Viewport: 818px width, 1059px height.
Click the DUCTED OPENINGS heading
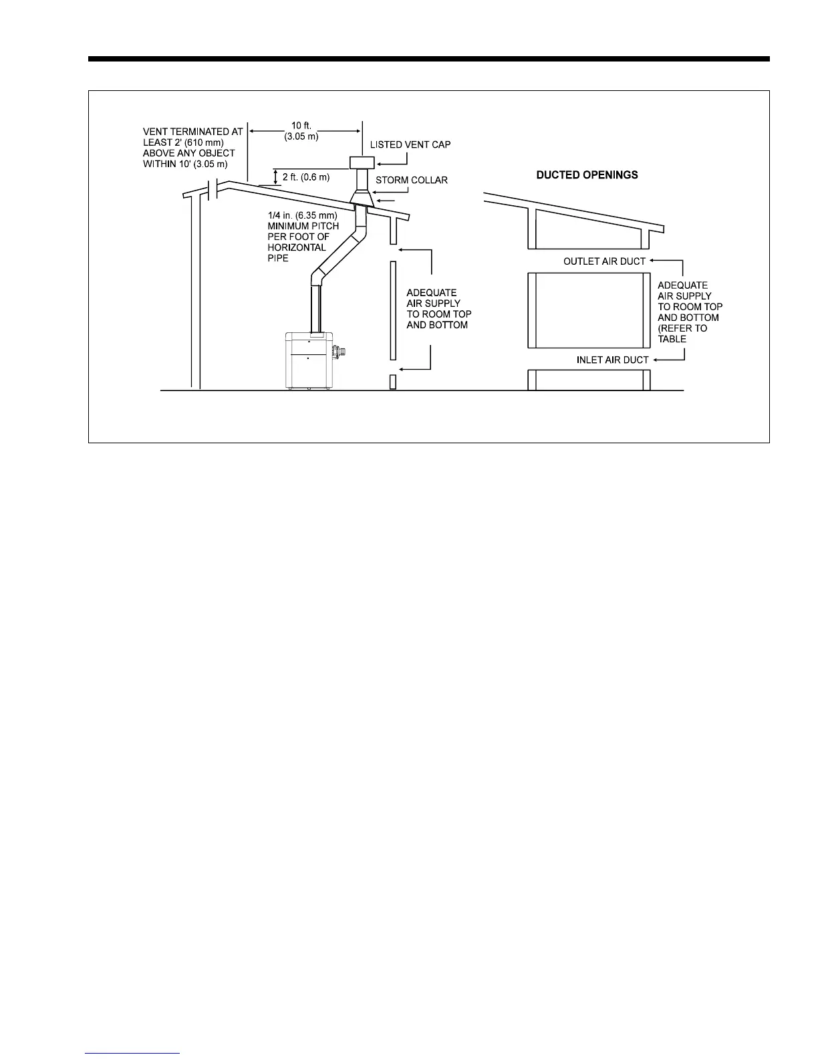click(587, 175)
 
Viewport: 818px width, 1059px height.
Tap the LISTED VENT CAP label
click(410, 145)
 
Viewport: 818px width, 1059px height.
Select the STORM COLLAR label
click(412, 181)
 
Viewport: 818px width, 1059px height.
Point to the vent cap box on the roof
click(362, 162)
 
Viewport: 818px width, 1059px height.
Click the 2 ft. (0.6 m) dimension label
click(306, 177)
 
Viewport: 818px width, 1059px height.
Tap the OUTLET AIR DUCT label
click(604, 261)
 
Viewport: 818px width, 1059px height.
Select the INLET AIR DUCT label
click(612, 360)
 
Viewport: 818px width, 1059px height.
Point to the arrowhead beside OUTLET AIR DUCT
click(652, 261)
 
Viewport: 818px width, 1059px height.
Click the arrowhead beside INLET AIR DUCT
click(656, 360)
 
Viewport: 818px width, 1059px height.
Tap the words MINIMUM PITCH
click(303, 226)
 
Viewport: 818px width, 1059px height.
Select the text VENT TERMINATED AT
click(192, 132)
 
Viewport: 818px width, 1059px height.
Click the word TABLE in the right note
click(672, 339)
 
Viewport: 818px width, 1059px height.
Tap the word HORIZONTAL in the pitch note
click(297, 247)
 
